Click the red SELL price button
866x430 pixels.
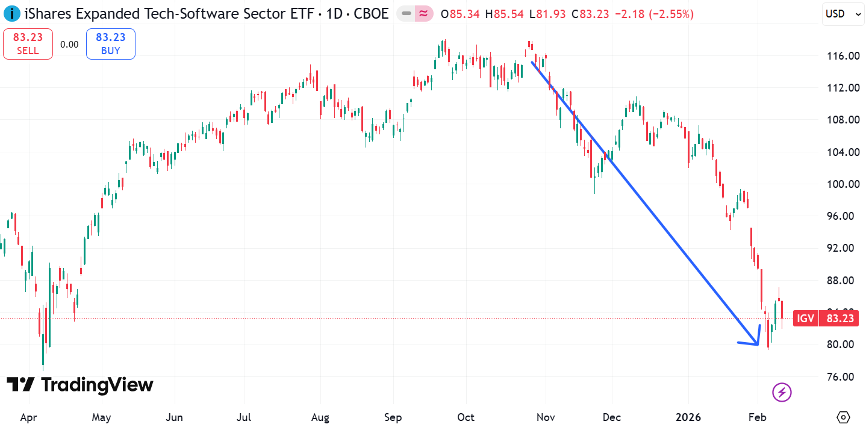[28, 44]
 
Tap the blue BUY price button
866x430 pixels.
[110, 44]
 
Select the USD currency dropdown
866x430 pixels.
[843, 14]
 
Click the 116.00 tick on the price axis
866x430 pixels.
[842, 56]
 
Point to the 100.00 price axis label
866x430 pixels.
[842, 184]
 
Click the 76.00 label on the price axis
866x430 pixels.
[842, 377]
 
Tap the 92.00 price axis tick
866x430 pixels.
[842, 248]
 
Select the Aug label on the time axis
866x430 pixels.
[320, 417]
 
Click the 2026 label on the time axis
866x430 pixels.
[688, 417]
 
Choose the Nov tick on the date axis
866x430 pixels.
[546, 417]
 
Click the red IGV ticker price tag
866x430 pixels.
[825, 319]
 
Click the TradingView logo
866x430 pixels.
[80, 385]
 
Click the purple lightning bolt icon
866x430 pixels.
[782, 393]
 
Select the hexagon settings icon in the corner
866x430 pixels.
[843, 417]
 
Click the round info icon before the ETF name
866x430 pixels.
[12, 14]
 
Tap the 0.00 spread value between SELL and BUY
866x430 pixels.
[69, 44]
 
